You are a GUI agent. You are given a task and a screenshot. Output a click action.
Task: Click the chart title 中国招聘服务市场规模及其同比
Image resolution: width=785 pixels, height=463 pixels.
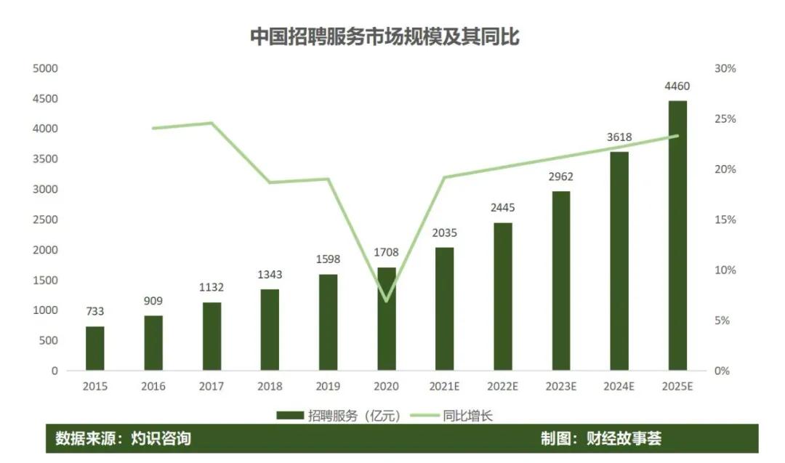pyautogui.click(x=385, y=37)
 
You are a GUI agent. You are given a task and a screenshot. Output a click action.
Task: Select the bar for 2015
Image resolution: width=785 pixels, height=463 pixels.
pyautogui.click(x=95, y=348)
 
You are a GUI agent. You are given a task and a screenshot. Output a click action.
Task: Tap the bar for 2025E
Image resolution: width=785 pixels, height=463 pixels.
pyautogui.click(x=677, y=235)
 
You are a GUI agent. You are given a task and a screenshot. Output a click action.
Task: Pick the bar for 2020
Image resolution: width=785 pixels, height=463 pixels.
pyautogui.click(x=387, y=319)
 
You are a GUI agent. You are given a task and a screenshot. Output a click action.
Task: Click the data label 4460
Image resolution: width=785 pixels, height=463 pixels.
pyautogui.click(x=677, y=86)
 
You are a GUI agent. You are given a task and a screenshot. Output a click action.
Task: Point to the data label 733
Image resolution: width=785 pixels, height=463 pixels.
pyautogui.click(x=95, y=311)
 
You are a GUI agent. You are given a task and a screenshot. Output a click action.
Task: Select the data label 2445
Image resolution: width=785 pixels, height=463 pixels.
pyautogui.click(x=502, y=209)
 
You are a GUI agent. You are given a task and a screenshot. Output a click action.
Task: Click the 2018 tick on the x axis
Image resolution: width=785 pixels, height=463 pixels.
pyautogui.click(x=270, y=387)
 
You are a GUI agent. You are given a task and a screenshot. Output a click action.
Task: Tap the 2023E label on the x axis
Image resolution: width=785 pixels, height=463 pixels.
pyautogui.click(x=560, y=387)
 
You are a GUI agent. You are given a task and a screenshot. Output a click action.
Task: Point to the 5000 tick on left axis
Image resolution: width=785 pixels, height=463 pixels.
pyautogui.click(x=45, y=68)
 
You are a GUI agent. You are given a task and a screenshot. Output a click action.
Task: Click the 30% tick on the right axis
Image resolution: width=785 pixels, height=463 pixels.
pyautogui.click(x=725, y=68)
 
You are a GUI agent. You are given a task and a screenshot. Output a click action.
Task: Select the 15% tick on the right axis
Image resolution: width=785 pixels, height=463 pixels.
pyautogui.click(x=725, y=220)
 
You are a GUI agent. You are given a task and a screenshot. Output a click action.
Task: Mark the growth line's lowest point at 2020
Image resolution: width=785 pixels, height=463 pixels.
pyautogui.click(x=387, y=301)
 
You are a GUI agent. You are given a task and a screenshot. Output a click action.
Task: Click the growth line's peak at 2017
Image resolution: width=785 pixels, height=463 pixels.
pyautogui.click(x=212, y=123)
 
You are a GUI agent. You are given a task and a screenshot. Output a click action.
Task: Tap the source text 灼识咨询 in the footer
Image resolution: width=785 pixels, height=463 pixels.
pyautogui.click(x=161, y=439)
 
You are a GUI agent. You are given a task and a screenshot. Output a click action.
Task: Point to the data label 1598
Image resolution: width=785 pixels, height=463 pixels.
pyautogui.click(x=328, y=259)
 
